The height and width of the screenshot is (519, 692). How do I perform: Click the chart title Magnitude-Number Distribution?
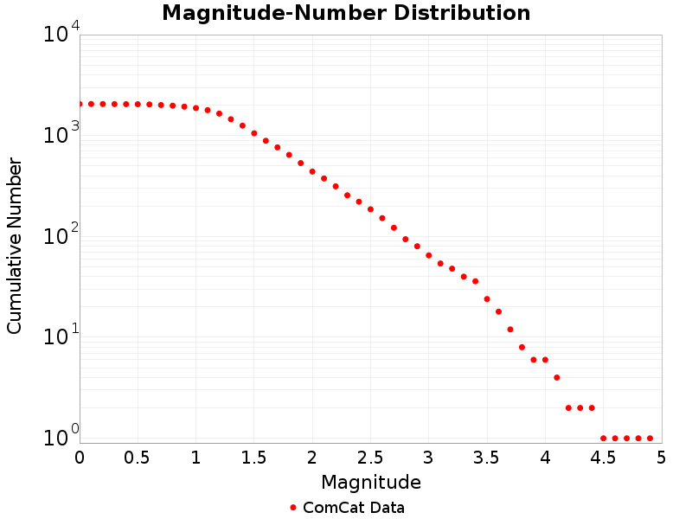(346, 13)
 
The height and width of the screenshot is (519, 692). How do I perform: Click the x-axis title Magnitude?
(370, 482)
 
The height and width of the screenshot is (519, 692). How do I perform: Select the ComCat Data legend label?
(353, 508)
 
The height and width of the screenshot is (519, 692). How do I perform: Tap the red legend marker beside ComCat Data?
(293, 508)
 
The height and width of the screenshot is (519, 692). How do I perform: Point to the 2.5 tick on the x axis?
(370, 457)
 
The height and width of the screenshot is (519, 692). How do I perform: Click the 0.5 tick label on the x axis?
(138, 457)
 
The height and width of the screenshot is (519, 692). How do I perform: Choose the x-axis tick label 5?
(662, 457)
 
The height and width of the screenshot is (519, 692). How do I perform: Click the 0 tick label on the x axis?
(80, 457)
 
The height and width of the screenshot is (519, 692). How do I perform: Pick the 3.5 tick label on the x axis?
(487, 457)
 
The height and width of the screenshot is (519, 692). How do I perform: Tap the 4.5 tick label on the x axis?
(603, 457)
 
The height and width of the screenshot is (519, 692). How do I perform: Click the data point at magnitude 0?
(80, 104)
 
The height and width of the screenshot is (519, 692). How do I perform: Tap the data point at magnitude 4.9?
(650, 439)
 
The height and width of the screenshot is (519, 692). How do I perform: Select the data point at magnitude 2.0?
(312, 171)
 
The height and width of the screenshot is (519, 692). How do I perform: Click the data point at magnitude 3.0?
(429, 255)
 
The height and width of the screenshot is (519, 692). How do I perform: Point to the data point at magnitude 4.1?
(557, 377)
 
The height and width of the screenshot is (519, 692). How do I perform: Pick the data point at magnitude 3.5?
(487, 298)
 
